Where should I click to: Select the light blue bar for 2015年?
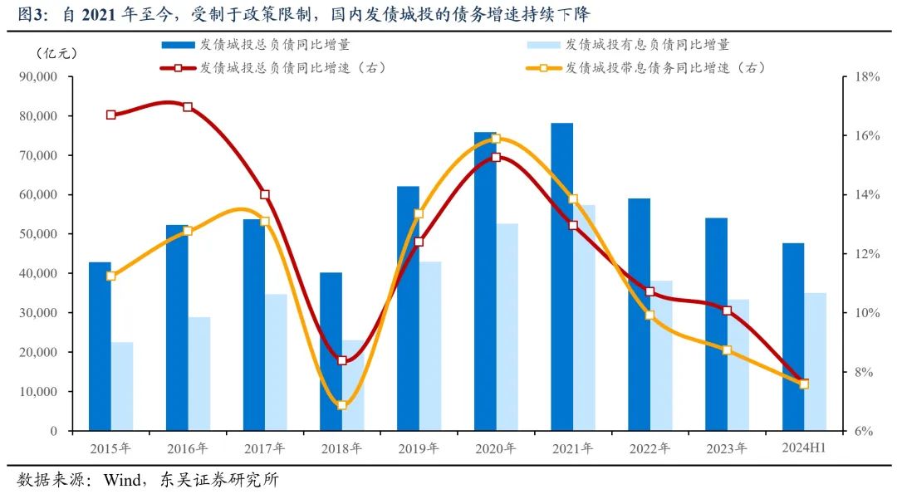[x=122, y=386]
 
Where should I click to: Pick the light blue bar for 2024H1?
[x=816, y=361]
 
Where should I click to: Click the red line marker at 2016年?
[x=188, y=107]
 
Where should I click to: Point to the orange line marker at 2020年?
[x=496, y=139]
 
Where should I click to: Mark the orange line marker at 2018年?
[x=341, y=405]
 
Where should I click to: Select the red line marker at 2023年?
[x=727, y=311]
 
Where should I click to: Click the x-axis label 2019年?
[x=419, y=448]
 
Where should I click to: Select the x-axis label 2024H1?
[x=803, y=448]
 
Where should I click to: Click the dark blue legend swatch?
[x=179, y=45]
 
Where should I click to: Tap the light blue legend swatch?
[x=544, y=45]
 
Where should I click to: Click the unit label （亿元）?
[x=57, y=53]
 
